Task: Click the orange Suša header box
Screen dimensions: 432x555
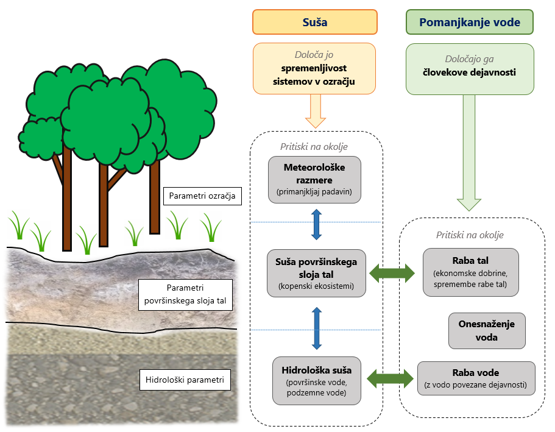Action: (315, 23)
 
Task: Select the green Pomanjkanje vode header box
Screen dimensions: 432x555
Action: (470, 23)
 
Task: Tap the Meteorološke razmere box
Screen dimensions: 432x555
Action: (314, 177)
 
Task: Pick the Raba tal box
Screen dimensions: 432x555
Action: (470, 272)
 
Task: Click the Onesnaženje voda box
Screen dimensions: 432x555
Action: (487, 331)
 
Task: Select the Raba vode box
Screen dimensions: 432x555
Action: (476, 378)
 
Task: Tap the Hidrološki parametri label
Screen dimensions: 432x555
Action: (185, 381)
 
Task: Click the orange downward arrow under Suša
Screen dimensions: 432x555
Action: (314, 112)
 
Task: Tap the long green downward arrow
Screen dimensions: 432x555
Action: (469, 152)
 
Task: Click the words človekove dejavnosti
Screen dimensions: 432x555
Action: (469, 73)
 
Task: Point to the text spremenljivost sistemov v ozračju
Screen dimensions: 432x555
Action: (315, 75)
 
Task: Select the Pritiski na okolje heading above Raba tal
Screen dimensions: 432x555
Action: (470, 235)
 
